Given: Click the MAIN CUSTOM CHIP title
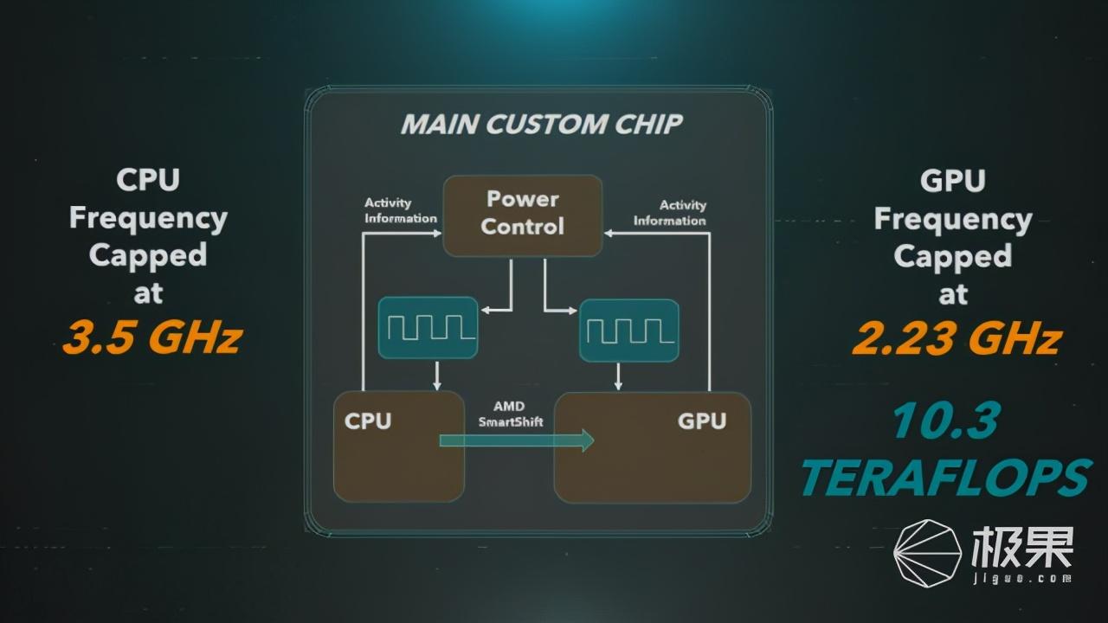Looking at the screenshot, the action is (542, 124).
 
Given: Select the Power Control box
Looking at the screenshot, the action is (522, 215).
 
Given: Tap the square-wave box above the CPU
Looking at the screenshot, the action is (428, 327).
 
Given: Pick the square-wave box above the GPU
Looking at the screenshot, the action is (629, 331).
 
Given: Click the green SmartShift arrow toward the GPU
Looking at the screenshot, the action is (517, 440).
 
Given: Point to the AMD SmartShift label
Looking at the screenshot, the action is (510, 414).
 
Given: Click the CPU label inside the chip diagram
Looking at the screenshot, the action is (368, 421).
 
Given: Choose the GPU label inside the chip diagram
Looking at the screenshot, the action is (702, 421).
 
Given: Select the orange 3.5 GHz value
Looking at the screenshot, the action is (152, 338).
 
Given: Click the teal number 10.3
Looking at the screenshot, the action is (945, 420).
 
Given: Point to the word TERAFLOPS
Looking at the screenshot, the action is (946, 477).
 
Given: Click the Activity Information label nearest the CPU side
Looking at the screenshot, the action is (401, 210).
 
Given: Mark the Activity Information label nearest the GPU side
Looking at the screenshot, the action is (670, 213).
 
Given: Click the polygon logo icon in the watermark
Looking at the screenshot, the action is (927, 553).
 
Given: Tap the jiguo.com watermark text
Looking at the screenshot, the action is (1022, 579).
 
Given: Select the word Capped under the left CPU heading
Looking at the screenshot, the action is (148, 256).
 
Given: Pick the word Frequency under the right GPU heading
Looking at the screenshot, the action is (953, 220).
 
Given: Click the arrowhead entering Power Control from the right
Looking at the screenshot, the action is (609, 234).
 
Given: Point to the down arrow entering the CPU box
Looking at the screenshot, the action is (437, 376).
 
